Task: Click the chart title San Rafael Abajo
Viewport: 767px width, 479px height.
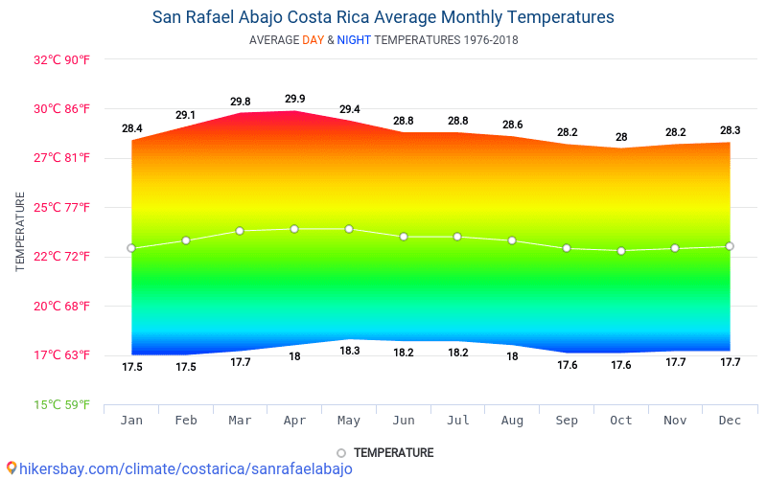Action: click(383, 17)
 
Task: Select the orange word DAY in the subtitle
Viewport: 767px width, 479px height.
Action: click(313, 40)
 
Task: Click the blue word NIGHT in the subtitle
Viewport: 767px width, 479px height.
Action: click(353, 40)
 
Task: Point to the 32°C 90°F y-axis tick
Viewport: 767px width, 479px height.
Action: click(62, 59)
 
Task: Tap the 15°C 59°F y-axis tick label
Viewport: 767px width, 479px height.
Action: click(62, 404)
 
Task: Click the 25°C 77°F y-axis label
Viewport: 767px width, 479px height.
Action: click(62, 207)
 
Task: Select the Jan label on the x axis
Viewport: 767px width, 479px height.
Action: click(131, 421)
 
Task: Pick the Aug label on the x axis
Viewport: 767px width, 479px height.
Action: click(513, 421)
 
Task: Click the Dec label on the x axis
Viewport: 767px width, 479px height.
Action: click(730, 421)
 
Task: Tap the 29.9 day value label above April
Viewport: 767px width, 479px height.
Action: click(295, 99)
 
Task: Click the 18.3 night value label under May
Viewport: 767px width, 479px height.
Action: click(350, 351)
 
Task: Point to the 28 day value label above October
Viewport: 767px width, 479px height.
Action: click(621, 137)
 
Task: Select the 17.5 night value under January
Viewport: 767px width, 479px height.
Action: click(132, 367)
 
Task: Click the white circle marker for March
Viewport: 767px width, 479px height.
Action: click(240, 231)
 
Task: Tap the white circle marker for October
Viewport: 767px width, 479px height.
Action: click(621, 251)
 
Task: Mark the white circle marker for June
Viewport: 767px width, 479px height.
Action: click(404, 237)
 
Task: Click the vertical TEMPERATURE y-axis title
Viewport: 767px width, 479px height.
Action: click(20, 231)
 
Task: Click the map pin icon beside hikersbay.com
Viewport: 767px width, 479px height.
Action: click(11, 468)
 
